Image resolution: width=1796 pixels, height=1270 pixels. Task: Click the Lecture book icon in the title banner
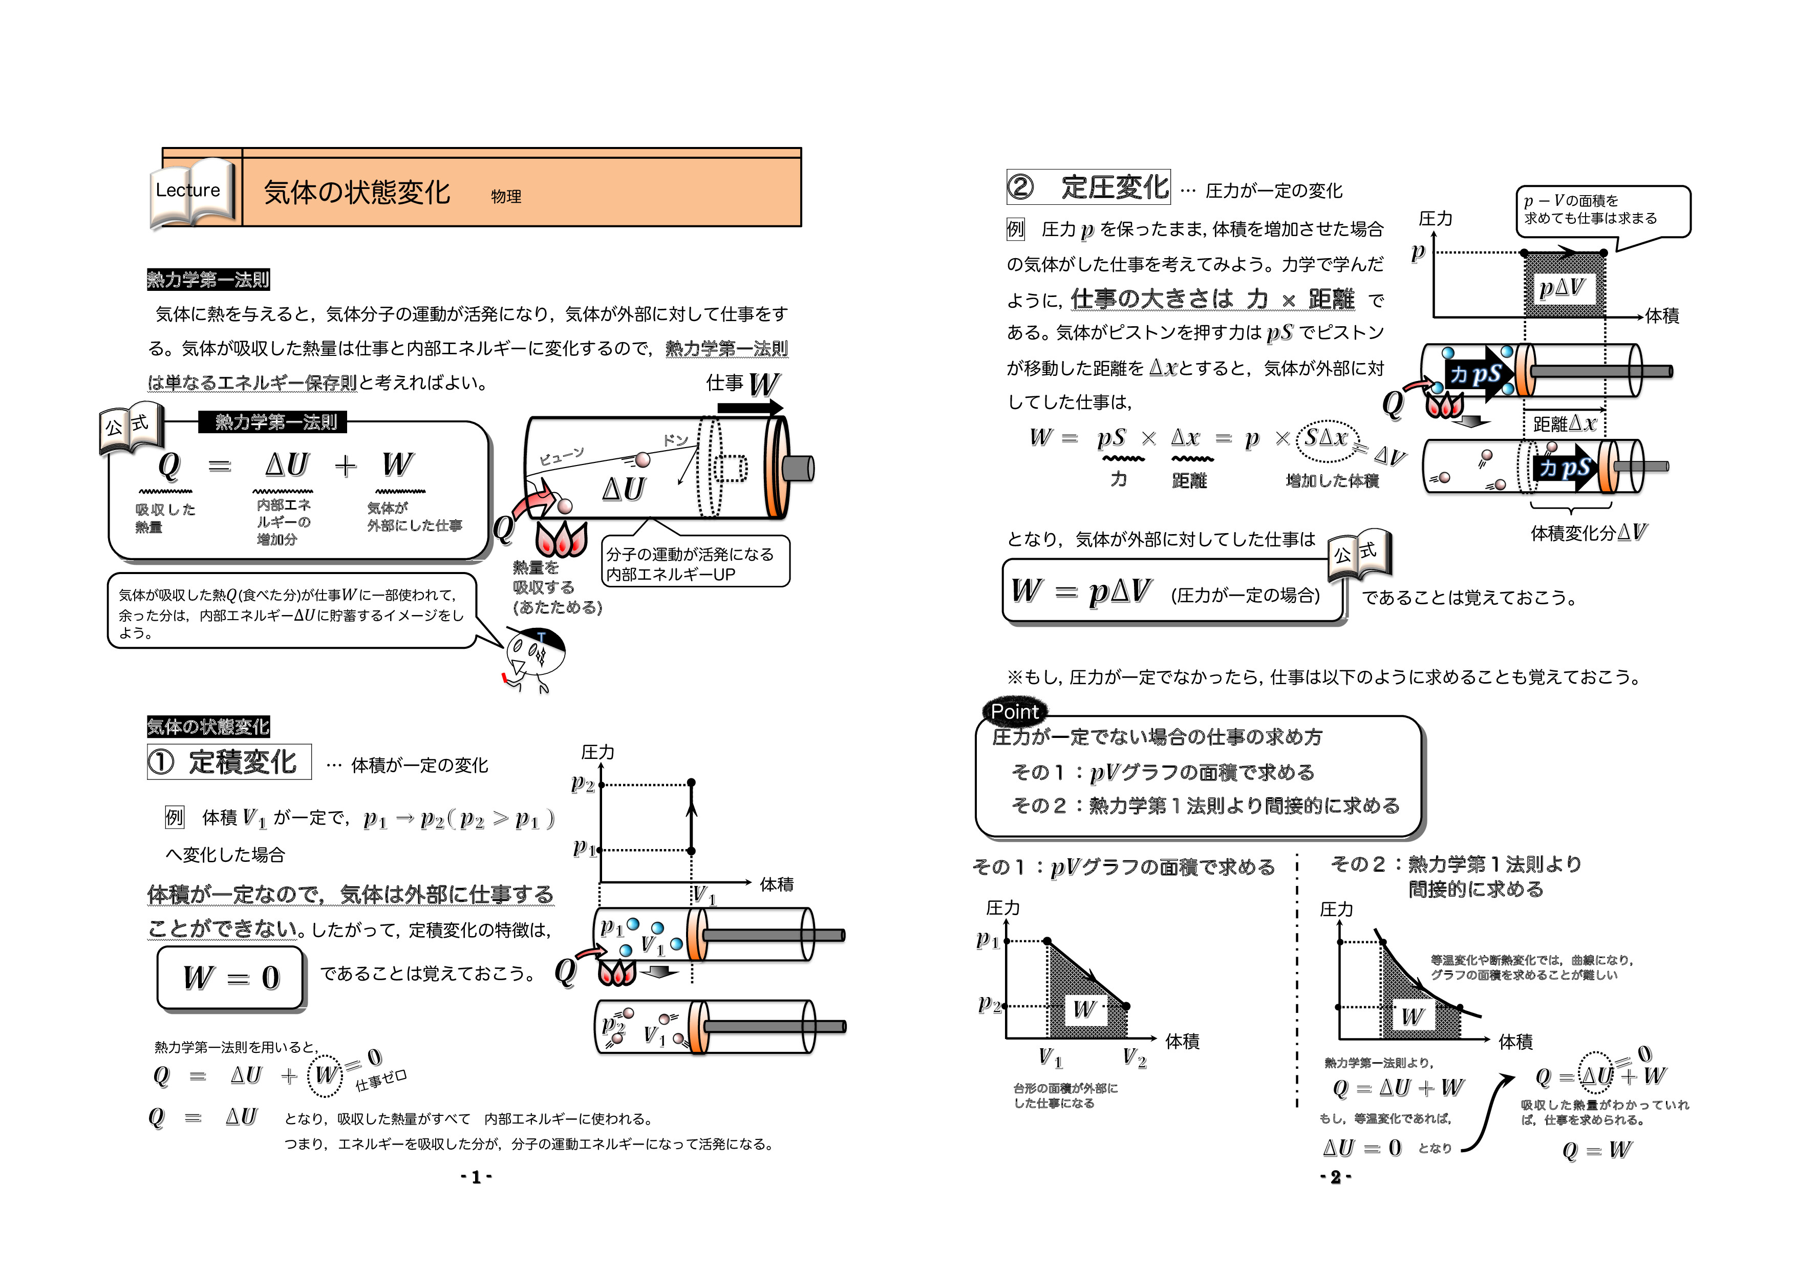point(191,192)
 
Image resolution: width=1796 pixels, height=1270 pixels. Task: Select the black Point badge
point(1015,711)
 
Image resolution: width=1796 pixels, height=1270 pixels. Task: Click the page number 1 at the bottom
point(476,1177)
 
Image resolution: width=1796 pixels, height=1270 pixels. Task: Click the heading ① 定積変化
point(228,761)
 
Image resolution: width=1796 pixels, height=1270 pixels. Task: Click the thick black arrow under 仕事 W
point(750,408)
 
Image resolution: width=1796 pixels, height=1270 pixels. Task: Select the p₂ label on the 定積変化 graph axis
point(583,784)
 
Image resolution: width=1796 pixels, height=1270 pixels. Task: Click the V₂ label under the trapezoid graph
point(1134,1058)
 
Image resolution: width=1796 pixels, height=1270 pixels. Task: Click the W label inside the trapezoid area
point(1084,1009)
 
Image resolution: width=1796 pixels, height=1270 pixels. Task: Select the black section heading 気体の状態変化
point(208,726)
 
